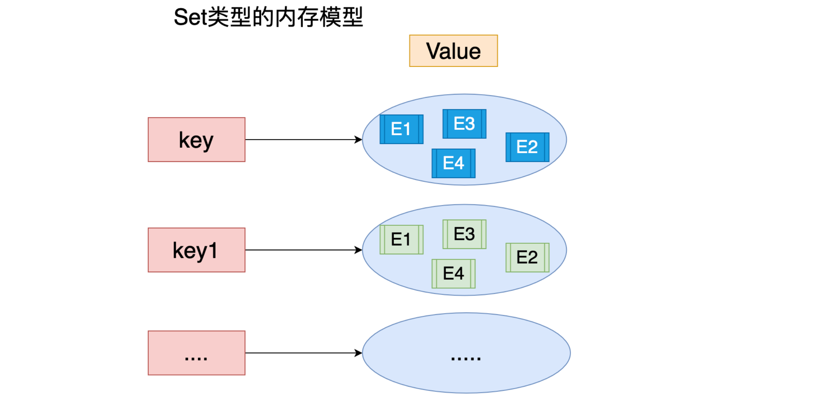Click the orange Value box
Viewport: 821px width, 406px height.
point(453,51)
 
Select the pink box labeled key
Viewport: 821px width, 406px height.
point(197,139)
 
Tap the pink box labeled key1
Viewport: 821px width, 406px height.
point(197,250)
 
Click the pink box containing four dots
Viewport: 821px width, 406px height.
point(197,353)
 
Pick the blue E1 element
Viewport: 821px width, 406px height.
point(402,129)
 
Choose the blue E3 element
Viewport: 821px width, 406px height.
point(464,124)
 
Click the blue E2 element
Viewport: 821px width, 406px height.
point(527,147)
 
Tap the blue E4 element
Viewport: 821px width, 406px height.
point(454,163)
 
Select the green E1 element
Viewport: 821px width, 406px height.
point(402,240)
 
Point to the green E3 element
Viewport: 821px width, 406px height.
point(464,234)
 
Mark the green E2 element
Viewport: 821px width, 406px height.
point(527,258)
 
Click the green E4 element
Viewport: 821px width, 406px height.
point(454,274)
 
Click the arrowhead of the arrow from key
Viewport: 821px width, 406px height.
point(359,139)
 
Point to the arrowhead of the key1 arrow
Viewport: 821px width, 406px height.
point(359,250)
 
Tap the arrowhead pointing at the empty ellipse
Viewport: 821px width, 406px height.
point(359,353)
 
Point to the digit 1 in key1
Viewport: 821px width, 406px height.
point(212,250)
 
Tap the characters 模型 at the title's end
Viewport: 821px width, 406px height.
point(341,17)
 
